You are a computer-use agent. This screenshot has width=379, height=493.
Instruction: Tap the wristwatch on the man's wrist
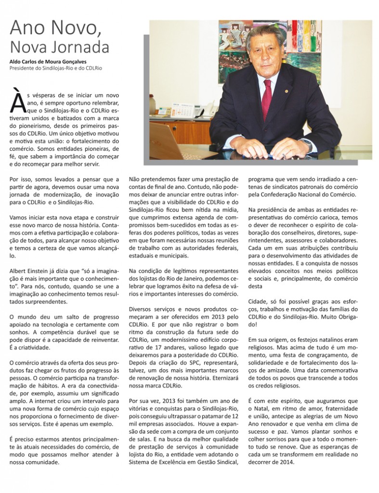click(x=305, y=143)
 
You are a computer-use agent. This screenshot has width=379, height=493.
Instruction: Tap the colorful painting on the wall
click(x=242, y=48)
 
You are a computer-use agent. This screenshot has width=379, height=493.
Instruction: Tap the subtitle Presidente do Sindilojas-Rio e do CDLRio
click(x=55, y=68)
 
